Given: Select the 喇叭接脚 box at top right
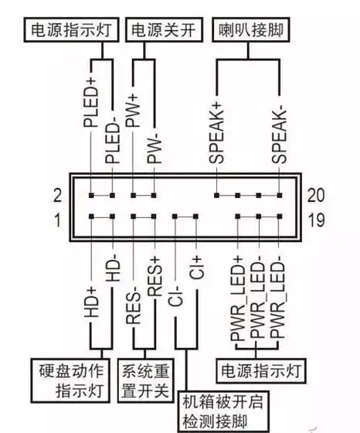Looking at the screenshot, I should (x=243, y=31).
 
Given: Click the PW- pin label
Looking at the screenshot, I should (x=155, y=145).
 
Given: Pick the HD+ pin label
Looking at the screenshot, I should (x=90, y=305).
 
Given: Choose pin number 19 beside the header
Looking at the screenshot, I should (x=316, y=223).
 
